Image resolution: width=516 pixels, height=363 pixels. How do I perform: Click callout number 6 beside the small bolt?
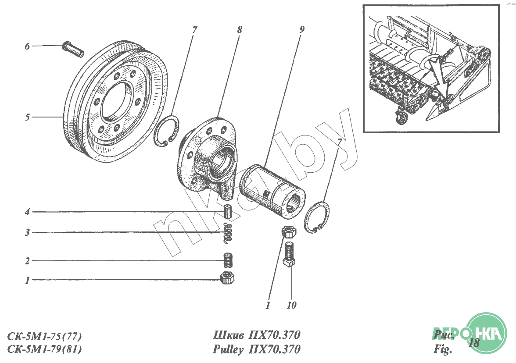27,46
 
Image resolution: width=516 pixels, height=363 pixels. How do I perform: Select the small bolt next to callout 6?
73,49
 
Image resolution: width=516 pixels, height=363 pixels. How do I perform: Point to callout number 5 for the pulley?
27,117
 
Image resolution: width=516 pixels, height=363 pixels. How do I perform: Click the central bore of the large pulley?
117,100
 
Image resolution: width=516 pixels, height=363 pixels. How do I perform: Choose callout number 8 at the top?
240,30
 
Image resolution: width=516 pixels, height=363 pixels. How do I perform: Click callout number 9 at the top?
302,30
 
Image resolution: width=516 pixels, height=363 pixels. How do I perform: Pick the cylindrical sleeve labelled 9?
272,191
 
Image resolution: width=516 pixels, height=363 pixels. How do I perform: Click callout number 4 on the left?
27,212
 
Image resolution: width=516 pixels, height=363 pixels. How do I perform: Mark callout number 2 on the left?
27,261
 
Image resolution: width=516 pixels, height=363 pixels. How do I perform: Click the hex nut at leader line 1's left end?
227,278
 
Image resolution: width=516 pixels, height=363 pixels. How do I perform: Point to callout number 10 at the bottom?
291,306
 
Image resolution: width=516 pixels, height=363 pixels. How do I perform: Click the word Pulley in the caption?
229,349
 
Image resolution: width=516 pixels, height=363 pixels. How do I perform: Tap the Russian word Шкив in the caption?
229,335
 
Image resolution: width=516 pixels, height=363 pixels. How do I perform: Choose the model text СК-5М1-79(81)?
44,349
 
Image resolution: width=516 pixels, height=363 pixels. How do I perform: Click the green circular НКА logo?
487,333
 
